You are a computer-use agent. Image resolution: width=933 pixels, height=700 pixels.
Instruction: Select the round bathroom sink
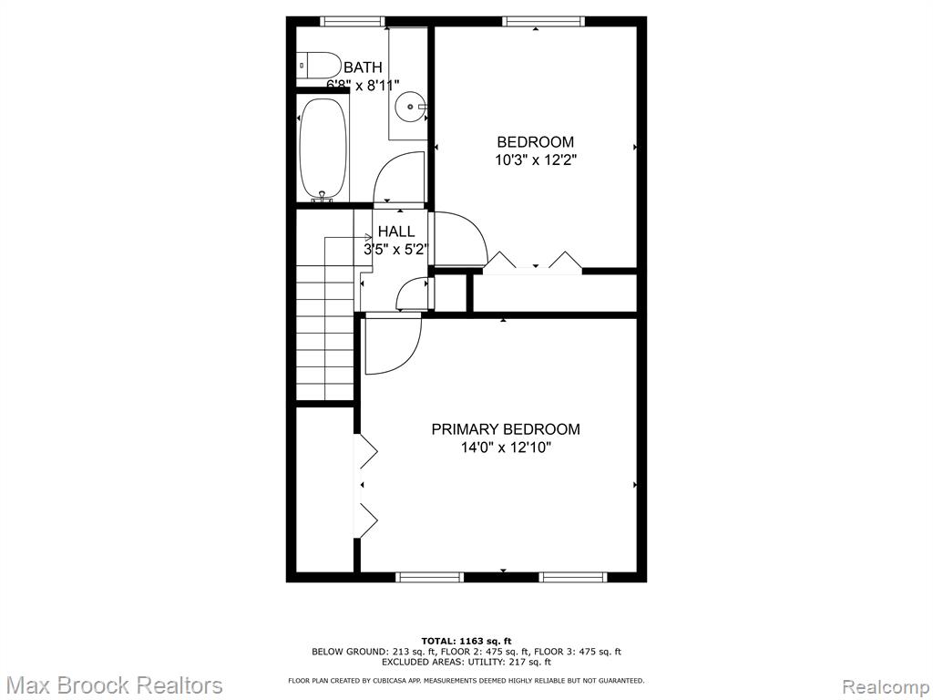coord(410,107)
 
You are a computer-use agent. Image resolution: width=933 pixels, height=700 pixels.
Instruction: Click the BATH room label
coord(363,67)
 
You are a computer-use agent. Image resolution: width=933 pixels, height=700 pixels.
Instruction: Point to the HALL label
coord(396,232)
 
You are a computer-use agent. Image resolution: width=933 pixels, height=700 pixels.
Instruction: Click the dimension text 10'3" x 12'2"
coord(536,160)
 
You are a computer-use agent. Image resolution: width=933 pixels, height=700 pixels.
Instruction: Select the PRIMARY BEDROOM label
coord(505,429)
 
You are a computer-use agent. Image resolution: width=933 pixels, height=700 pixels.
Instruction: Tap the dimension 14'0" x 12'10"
coord(506,448)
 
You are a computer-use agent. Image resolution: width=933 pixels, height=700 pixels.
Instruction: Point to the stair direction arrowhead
coord(369,237)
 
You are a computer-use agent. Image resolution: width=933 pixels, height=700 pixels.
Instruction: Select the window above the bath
coord(353,22)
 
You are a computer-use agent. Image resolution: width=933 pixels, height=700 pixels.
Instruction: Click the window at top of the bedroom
coord(543,22)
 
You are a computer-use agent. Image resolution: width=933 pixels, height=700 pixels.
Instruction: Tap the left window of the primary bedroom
coord(429,576)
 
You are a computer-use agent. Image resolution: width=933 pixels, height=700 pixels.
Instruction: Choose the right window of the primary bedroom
coord(573,576)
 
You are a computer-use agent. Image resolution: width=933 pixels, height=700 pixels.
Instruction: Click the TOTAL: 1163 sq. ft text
coord(466,641)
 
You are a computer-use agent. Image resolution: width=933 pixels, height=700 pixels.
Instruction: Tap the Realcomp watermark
coord(886,685)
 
